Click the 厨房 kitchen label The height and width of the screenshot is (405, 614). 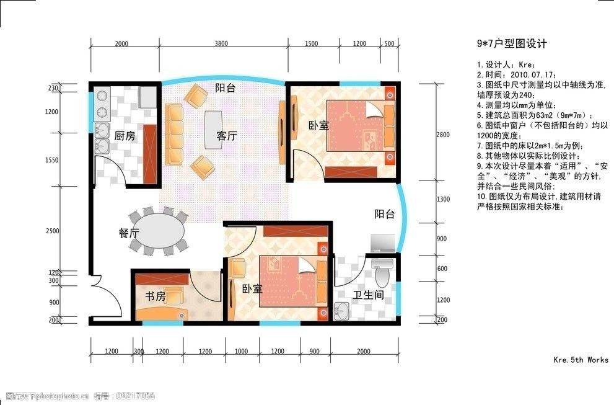[x=125, y=136]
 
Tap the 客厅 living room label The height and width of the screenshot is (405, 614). [x=227, y=136]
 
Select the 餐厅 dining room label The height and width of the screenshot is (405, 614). [x=129, y=233]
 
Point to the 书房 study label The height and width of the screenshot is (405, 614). [x=156, y=296]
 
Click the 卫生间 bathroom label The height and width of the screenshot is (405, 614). [x=368, y=296]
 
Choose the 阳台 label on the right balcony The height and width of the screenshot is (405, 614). [x=384, y=215]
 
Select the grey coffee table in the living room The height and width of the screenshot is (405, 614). [x=214, y=127]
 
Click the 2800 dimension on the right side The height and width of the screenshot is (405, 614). [x=442, y=135]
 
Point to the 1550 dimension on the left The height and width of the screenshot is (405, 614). [x=52, y=160]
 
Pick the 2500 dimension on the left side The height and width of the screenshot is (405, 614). [x=52, y=231]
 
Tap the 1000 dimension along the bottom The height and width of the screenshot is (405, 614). [x=241, y=352]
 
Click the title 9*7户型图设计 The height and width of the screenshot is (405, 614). [x=511, y=44]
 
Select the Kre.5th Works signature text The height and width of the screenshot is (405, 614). [x=581, y=360]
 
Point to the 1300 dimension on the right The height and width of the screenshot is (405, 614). [x=442, y=200]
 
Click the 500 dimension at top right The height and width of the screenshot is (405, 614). [x=389, y=43]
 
